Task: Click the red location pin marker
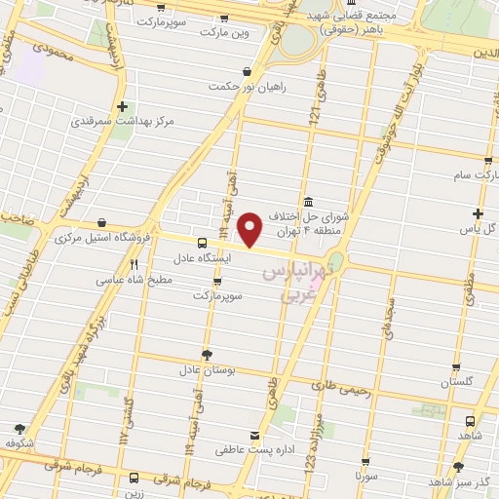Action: point(251,229)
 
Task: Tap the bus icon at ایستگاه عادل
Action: point(201,243)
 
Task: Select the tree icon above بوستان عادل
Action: point(206,354)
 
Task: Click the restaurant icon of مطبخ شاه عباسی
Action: point(134,263)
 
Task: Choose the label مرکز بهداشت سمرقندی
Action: point(122,124)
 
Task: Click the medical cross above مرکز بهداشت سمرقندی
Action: point(122,107)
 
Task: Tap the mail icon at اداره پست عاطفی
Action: point(255,435)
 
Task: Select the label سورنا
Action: point(365,477)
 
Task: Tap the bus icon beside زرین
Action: point(133,479)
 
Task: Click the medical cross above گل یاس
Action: point(478,213)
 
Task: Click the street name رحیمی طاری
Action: point(344,390)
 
